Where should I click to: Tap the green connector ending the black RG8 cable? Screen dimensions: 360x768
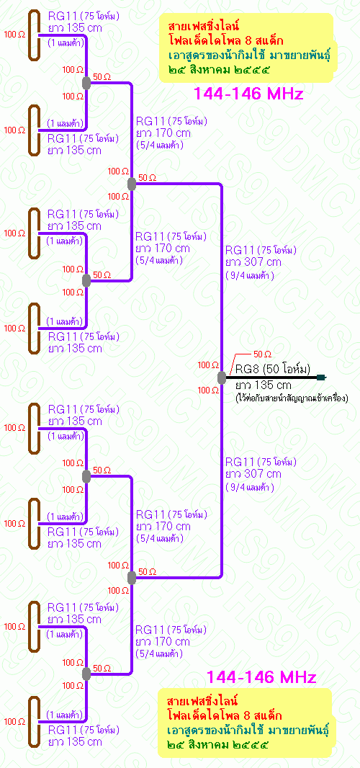(x=321, y=377)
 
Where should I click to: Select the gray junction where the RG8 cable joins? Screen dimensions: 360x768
(x=221, y=378)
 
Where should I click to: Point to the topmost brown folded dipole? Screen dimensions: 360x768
(x=33, y=35)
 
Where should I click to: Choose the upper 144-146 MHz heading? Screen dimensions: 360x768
(x=248, y=94)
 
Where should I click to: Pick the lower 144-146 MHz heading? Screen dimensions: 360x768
(x=261, y=677)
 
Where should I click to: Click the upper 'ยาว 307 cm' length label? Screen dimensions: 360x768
(x=253, y=262)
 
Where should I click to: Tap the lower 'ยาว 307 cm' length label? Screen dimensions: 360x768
(x=253, y=473)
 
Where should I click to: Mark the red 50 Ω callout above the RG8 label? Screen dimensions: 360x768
(x=262, y=354)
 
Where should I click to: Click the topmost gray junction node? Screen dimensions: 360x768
(x=86, y=84)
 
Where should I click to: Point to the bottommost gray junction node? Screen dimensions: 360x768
(x=86, y=674)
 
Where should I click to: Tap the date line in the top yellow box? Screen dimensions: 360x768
(x=218, y=70)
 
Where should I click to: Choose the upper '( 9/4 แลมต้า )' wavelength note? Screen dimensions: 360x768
(x=249, y=275)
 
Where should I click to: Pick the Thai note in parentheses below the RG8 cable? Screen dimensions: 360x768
(x=292, y=398)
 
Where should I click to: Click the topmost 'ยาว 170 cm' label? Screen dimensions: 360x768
(x=163, y=133)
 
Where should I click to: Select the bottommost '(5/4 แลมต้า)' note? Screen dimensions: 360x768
(x=159, y=654)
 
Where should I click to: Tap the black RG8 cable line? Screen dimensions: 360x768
(x=271, y=378)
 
